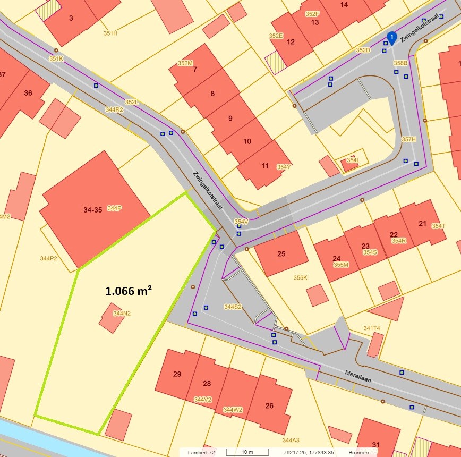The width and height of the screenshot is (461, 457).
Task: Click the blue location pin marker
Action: click(391, 37)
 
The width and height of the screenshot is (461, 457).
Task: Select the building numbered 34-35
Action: click(92, 210)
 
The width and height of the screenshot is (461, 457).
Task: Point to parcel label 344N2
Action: click(122, 314)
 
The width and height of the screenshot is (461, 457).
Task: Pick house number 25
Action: click(281, 254)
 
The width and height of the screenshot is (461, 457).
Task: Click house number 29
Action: click(177, 374)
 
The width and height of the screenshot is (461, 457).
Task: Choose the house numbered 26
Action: click(269, 406)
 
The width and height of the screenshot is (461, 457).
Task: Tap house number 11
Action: click(266, 165)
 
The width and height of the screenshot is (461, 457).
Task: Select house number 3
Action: click(71, 18)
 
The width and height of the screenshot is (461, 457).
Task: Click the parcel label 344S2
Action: click(233, 307)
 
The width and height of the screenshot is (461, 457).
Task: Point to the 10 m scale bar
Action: click(247, 452)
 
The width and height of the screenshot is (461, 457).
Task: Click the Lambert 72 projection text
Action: click(201, 452)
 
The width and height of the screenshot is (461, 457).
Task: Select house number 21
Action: click(423, 223)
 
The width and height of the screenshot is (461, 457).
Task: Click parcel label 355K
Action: click(300, 277)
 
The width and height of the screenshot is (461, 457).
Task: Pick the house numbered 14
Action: click(344, 5)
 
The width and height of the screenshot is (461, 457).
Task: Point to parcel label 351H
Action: click(110, 33)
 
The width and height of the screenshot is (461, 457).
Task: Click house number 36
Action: click(28, 93)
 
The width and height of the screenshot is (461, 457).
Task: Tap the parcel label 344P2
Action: click(48, 258)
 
